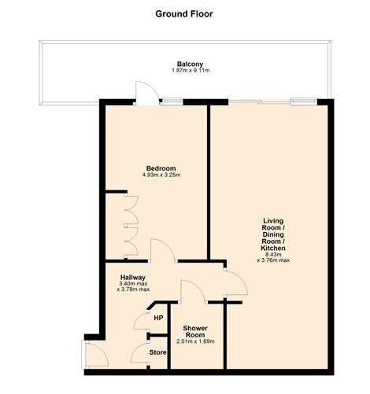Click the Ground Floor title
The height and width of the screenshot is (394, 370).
point(183,13)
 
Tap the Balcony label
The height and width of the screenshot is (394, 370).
point(190,64)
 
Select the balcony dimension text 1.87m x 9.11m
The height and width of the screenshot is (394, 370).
point(190,71)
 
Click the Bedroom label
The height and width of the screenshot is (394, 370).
point(161,168)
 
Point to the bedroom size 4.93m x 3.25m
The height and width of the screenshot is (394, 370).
point(161,175)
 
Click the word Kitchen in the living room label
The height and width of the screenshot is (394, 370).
point(273,248)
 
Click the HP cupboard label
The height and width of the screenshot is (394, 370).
point(158,318)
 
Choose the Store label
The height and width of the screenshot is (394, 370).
point(158,353)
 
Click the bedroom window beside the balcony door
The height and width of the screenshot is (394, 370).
point(172,101)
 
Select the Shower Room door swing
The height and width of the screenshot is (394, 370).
point(191,291)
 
